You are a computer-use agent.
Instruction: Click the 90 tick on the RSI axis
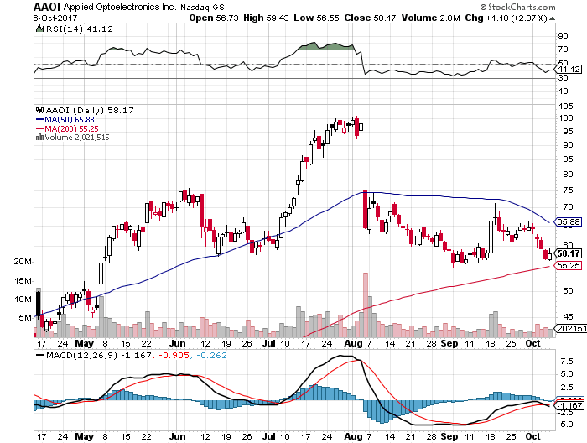pyautogui.click(x=563, y=36)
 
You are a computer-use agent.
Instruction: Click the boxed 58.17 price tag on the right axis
pyautogui.click(x=569, y=253)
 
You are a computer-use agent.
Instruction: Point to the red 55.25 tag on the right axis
pyautogui.click(x=569, y=265)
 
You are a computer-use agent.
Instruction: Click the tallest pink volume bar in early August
pyautogui.click(x=366, y=304)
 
